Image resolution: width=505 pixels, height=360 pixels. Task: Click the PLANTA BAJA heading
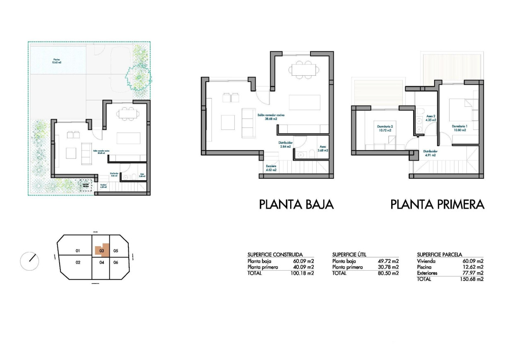296,204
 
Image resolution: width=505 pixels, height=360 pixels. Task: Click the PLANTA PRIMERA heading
437,204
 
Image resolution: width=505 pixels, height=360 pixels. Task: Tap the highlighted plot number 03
101,250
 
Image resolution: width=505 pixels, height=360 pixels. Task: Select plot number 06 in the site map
116,262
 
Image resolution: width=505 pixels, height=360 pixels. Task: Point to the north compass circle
29,261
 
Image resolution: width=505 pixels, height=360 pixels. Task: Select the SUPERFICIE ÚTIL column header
349,254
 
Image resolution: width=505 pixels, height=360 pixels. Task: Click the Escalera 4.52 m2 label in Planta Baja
271,168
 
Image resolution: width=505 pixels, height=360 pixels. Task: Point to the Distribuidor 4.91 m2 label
430,154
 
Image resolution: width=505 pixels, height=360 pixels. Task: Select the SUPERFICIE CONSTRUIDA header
275,254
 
